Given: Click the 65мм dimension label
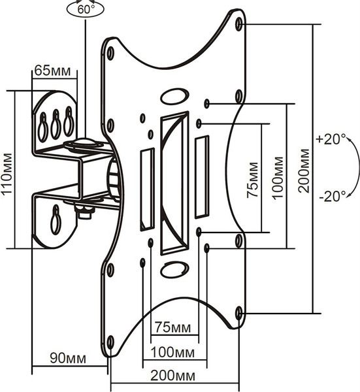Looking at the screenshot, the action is tap(52, 71).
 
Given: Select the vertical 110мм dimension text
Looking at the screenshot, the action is tap(7, 173).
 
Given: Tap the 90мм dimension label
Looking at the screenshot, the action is tap(68, 358).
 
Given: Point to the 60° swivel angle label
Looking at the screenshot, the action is tap(86, 10).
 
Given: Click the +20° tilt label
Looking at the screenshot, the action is tap(331, 139).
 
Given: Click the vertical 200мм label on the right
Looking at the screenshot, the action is tap(304, 171).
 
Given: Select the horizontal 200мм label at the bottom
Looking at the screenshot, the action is tap(172, 376).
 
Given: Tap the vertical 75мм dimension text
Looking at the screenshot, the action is tap(252, 180).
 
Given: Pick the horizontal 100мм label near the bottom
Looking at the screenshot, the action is tap(172, 353).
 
